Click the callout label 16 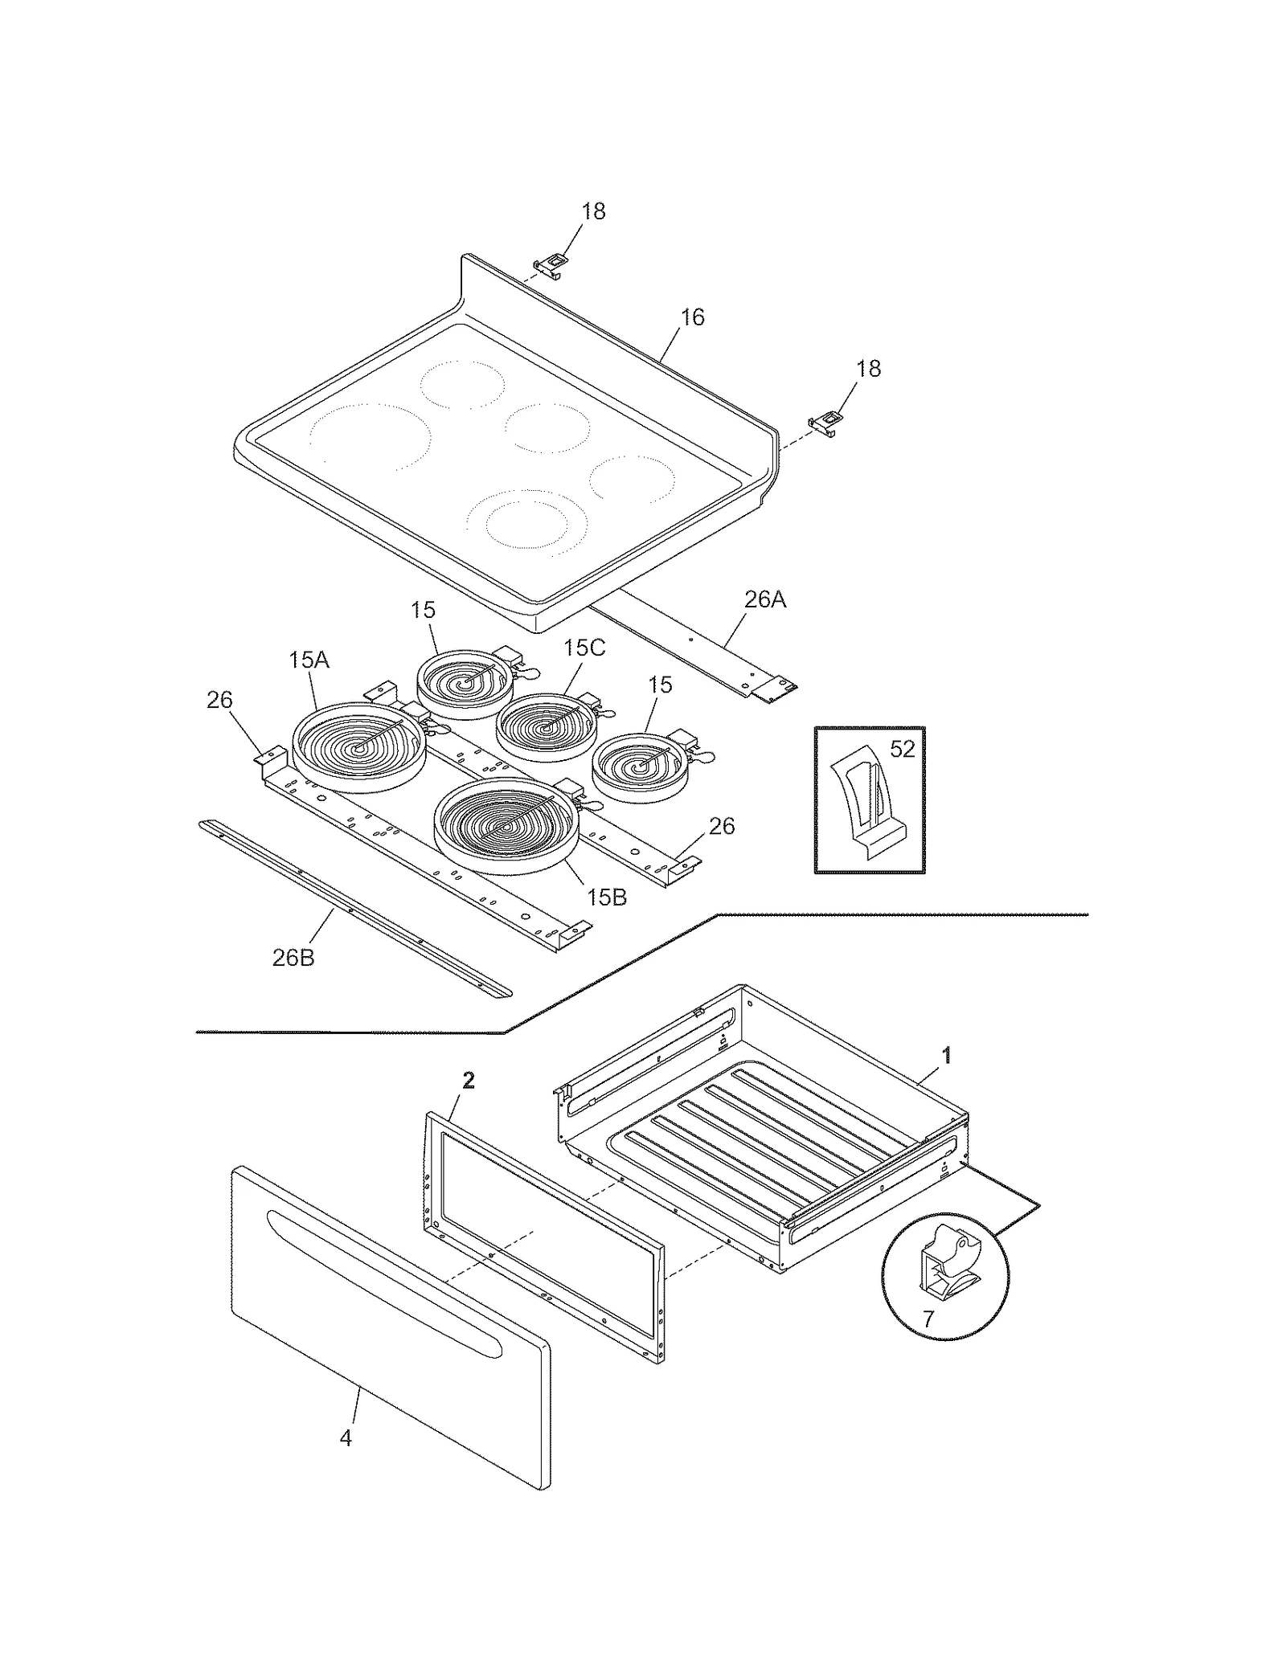click(692, 317)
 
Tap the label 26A click(764, 599)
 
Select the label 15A click(309, 660)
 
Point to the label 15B click(606, 897)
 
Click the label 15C click(584, 648)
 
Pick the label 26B click(293, 958)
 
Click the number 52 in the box click(903, 749)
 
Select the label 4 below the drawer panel click(346, 1437)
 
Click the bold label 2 click(469, 1081)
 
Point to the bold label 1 click(947, 1055)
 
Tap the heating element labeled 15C click(547, 727)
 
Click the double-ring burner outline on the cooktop click(528, 522)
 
